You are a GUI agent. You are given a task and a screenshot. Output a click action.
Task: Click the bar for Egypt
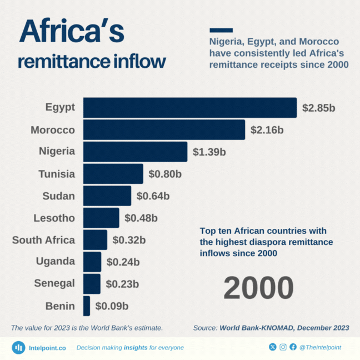point(190,108)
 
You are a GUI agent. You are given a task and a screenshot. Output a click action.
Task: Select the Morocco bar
point(164,130)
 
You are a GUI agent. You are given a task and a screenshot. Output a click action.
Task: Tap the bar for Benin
point(87,306)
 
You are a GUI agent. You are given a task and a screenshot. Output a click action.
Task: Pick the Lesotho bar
point(101,218)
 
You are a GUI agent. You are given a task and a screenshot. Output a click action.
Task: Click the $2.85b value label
point(318,108)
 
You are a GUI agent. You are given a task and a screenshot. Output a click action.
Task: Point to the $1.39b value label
point(209,152)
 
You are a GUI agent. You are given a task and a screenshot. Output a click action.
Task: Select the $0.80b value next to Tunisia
point(165,174)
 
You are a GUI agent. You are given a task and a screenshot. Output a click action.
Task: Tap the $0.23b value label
point(122,284)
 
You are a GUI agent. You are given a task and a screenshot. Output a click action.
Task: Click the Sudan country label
point(59,196)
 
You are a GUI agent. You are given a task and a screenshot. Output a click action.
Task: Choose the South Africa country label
point(43,240)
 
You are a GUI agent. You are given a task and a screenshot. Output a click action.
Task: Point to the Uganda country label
point(55,262)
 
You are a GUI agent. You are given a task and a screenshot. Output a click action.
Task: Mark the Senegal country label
point(54,283)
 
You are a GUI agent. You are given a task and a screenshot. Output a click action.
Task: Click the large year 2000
point(258,288)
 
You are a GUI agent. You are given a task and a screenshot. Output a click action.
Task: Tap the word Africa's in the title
point(72,32)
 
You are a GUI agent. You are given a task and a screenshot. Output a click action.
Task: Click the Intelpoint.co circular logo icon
point(19,348)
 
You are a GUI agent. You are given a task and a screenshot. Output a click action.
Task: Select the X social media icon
point(272,347)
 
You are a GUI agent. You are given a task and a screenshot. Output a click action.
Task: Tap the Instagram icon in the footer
point(283,347)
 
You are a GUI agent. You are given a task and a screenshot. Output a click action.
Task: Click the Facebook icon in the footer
point(293,347)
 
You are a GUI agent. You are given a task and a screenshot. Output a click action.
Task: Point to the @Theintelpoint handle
point(321,347)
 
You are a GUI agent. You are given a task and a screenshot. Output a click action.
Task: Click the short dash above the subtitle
point(221,30)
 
